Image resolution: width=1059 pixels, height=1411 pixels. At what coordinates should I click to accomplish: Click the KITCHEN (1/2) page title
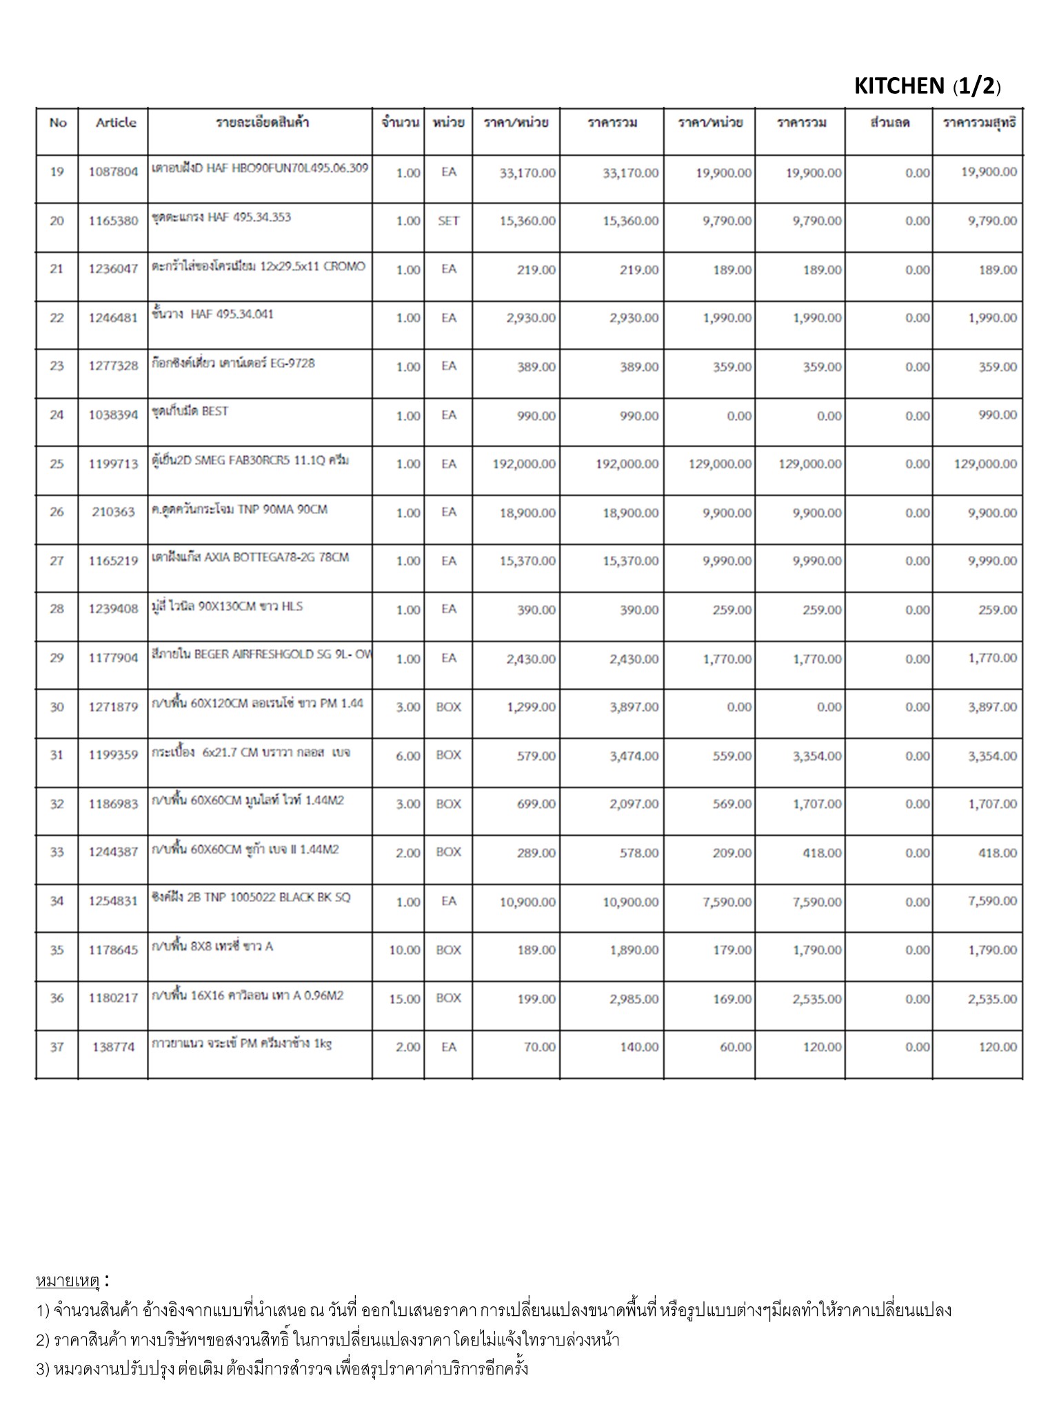click(x=927, y=86)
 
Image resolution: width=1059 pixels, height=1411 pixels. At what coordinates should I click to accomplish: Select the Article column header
click(x=115, y=123)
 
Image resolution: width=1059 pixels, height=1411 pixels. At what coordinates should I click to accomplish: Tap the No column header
click(x=58, y=123)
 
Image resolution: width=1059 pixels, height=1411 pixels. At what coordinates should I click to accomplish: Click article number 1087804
click(x=113, y=172)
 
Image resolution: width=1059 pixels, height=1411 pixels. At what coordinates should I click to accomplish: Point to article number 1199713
click(x=113, y=464)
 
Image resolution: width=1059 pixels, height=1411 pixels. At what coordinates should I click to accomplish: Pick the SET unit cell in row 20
click(x=448, y=220)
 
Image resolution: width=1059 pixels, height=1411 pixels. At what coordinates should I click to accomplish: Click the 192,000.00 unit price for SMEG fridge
click(x=524, y=464)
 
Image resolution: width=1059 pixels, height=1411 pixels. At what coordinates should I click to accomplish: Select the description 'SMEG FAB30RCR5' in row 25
click(x=250, y=460)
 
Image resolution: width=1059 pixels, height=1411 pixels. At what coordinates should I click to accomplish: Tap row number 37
click(x=57, y=1047)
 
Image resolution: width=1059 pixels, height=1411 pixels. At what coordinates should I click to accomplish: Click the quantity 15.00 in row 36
click(x=405, y=998)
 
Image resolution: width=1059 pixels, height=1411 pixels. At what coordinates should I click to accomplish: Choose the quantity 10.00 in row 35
click(x=405, y=950)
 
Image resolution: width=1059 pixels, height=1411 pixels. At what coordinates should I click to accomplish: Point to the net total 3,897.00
click(x=992, y=707)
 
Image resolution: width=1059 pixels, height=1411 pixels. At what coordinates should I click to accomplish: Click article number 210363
click(x=113, y=513)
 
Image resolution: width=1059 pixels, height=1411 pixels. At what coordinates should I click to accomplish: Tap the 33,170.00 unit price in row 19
click(x=527, y=173)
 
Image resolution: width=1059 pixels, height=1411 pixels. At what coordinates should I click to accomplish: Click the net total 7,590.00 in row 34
click(x=992, y=901)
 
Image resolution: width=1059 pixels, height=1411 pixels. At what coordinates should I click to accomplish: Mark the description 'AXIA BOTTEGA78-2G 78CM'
click(x=250, y=557)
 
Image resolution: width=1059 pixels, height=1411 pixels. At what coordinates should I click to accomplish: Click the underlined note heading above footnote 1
click(x=68, y=1281)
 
